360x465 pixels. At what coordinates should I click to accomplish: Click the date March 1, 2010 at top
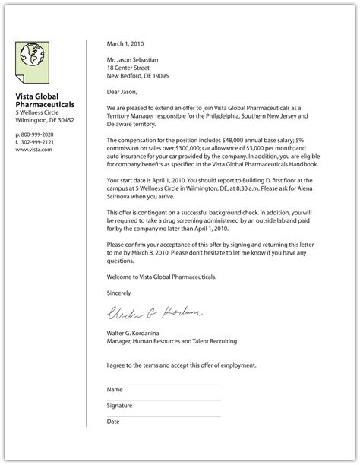[x=125, y=43]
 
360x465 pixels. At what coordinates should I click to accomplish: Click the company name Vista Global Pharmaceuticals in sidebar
[x=45, y=100]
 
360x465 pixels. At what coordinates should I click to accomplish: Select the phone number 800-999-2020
[x=37, y=134]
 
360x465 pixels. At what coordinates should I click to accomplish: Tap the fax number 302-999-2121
[x=37, y=141]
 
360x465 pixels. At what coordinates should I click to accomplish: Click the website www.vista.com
[x=33, y=150]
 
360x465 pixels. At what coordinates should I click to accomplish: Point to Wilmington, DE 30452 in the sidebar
[x=45, y=119]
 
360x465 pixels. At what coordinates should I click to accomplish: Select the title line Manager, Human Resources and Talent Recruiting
[x=172, y=341]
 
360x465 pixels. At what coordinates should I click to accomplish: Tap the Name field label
[x=115, y=389]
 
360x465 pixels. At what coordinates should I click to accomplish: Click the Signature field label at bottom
[x=120, y=405]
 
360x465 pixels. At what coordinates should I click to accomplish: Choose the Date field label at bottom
[x=113, y=421]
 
